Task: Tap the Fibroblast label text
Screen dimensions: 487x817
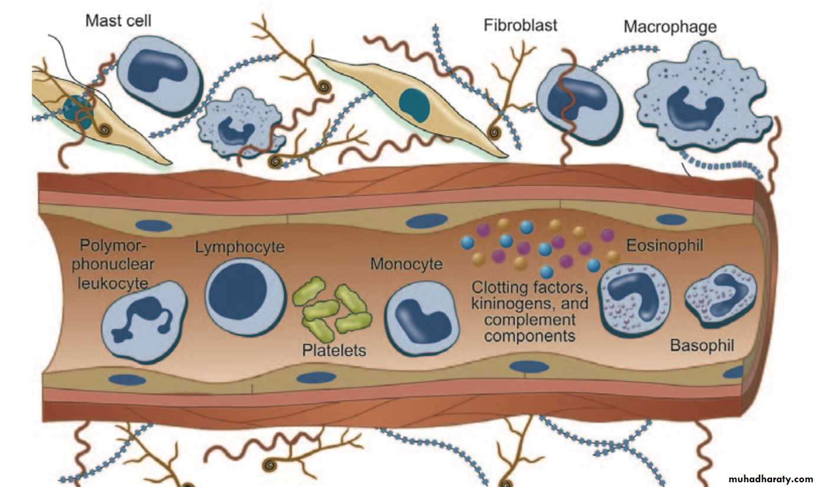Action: tap(520, 25)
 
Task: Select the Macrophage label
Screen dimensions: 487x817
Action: tap(670, 27)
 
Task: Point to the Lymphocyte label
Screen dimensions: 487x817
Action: tap(240, 247)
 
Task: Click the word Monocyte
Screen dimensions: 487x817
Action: tap(406, 264)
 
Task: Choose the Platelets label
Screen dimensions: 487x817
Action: tap(334, 350)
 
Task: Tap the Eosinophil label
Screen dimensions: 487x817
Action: tap(665, 245)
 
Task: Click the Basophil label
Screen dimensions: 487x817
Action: tap(702, 345)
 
